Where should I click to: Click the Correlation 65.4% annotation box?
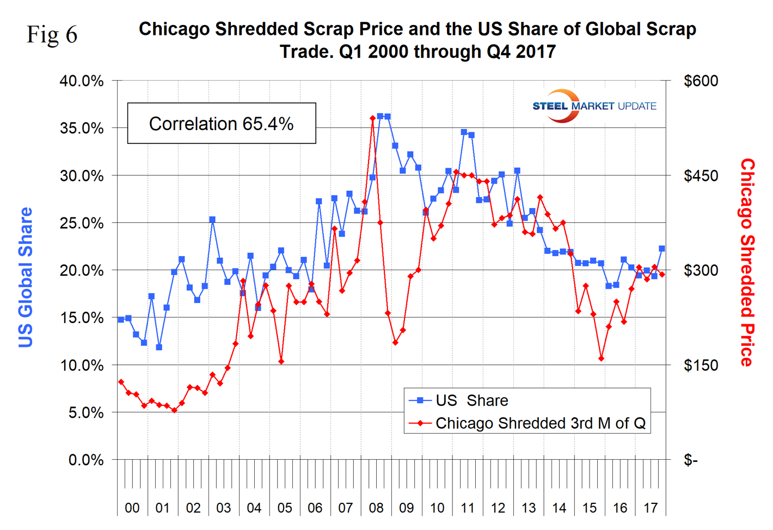point(222,124)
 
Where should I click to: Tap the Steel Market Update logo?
point(594,106)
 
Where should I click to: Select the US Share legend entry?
point(471,400)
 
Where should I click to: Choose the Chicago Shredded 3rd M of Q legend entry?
point(540,423)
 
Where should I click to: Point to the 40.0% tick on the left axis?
point(82,81)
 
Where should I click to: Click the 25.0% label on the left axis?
point(82,223)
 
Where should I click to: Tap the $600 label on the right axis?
point(701,81)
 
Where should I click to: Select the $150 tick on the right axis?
point(701,365)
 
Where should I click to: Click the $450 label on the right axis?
point(701,176)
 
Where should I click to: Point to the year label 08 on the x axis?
point(376,508)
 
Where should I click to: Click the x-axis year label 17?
point(651,508)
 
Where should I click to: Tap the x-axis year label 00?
point(132,508)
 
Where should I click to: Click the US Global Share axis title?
point(26,277)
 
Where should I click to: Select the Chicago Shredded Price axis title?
point(747,262)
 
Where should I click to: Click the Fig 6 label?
point(52,35)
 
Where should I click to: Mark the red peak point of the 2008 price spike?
point(372,118)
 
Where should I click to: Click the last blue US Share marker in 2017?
point(662,248)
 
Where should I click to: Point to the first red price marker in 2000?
point(121,382)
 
